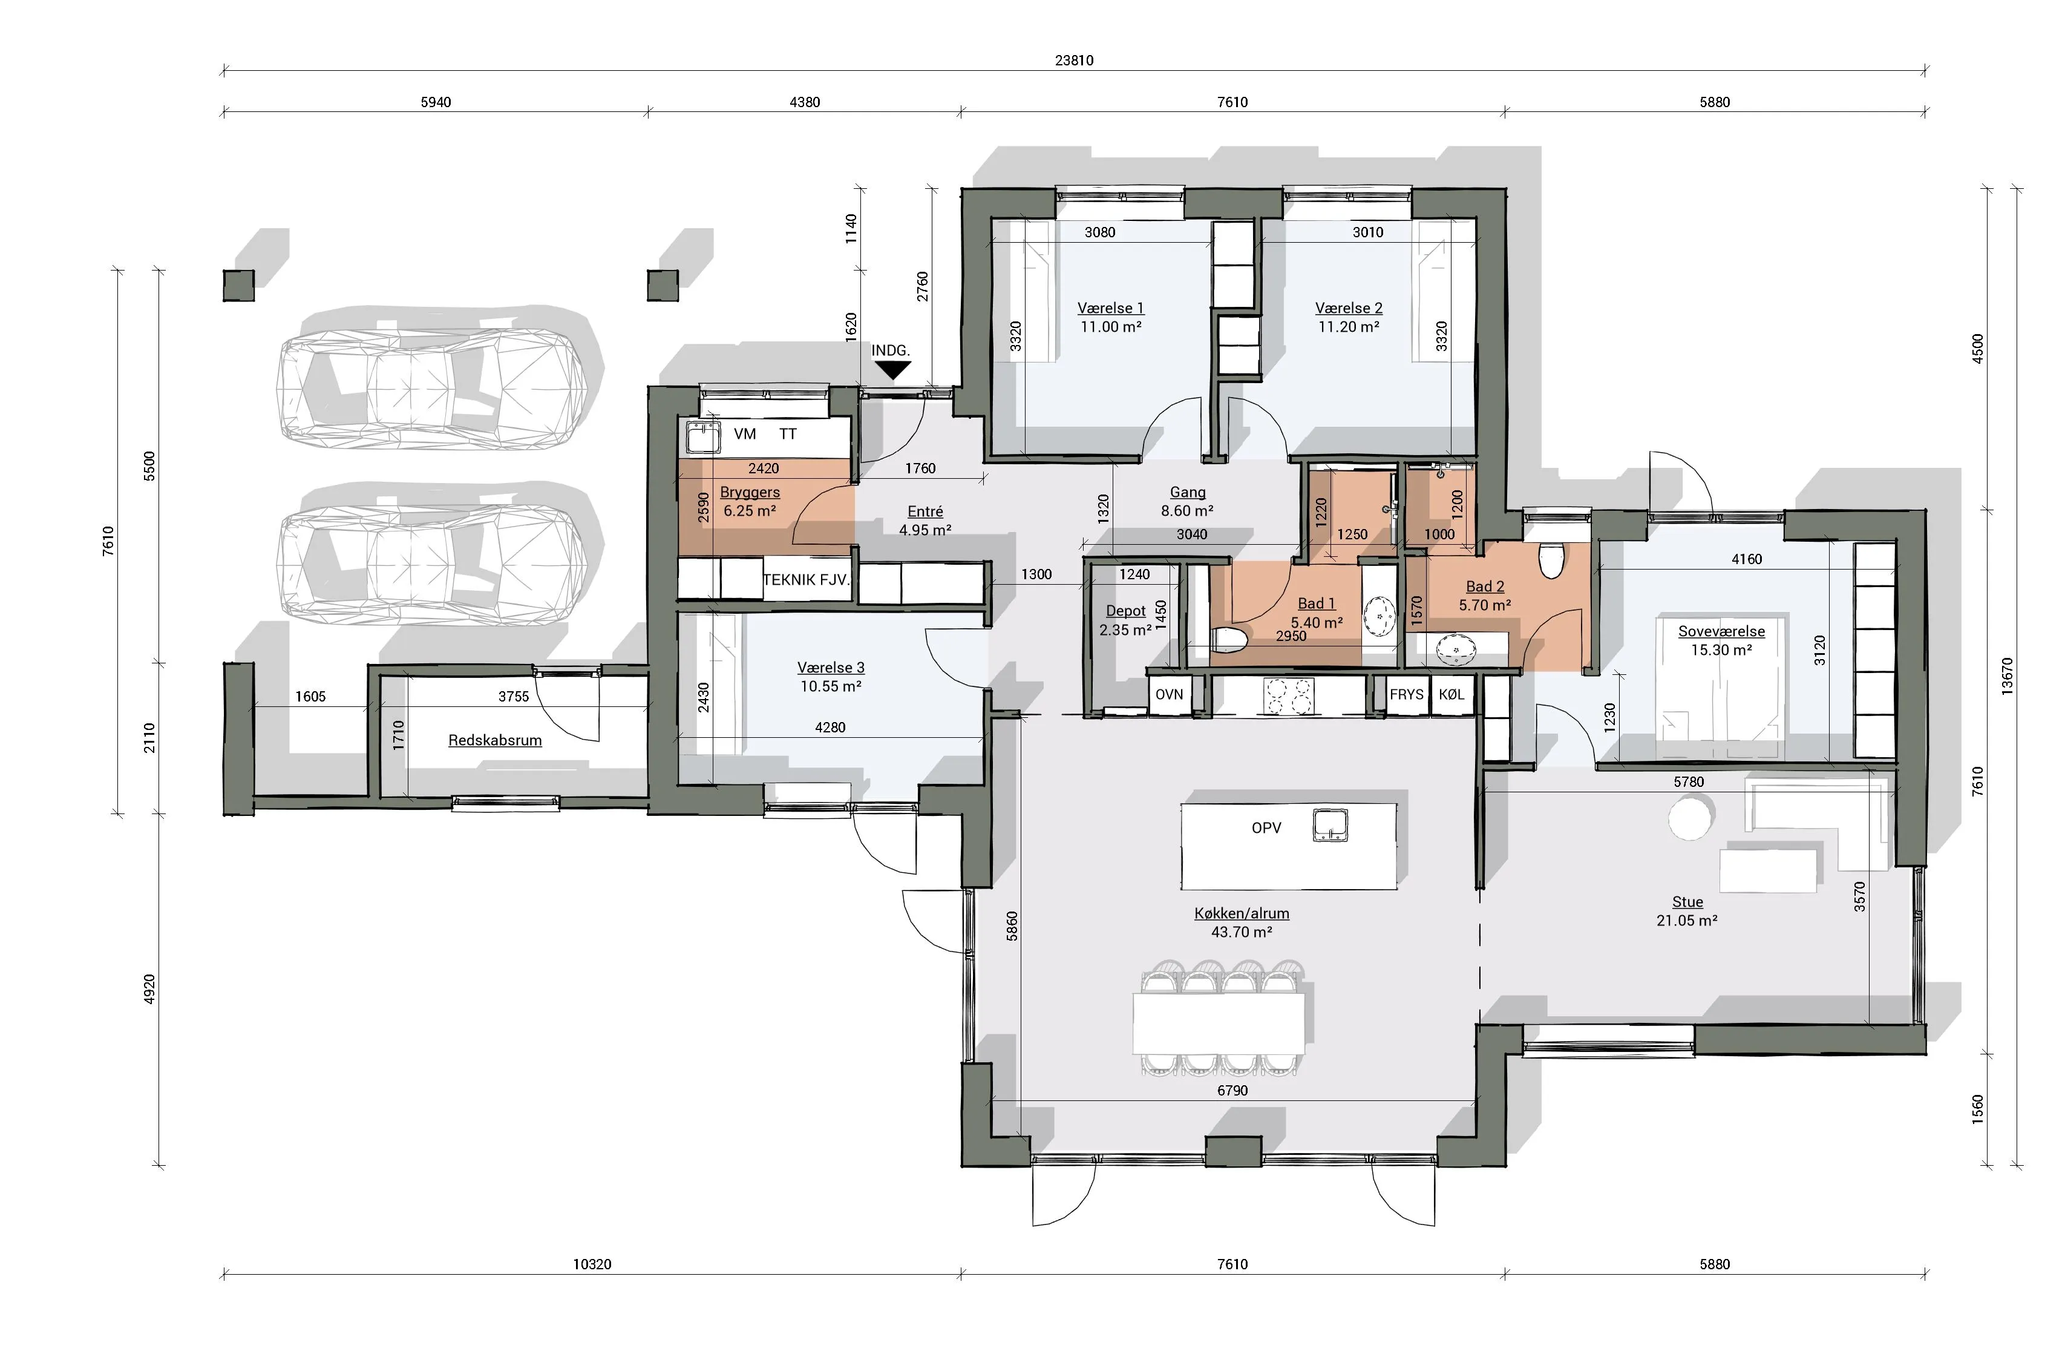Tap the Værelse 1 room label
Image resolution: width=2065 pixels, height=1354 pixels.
pyautogui.click(x=1111, y=308)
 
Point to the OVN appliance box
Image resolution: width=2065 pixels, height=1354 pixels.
pyautogui.click(x=1170, y=694)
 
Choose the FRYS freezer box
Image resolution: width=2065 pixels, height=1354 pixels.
pyautogui.click(x=1407, y=694)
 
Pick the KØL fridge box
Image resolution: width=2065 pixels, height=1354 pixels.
pyautogui.click(x=1451, y=694)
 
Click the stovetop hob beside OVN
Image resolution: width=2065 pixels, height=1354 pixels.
pyautogui.click(x=1289, y=696)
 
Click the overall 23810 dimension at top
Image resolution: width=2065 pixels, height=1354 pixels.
pyautogui.click(x=1074, y=61)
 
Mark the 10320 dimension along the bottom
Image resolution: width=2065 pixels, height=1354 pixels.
pyautogui.click(x=592, y=1264)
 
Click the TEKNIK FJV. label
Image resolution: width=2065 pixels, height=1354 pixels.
pyautogui.click(x=806, y=580)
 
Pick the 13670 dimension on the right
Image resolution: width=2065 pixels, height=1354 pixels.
pyautogui.click(x=2006, y=676)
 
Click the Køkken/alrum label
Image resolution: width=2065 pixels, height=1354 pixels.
pyautogui.click(x=1242, y=913)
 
